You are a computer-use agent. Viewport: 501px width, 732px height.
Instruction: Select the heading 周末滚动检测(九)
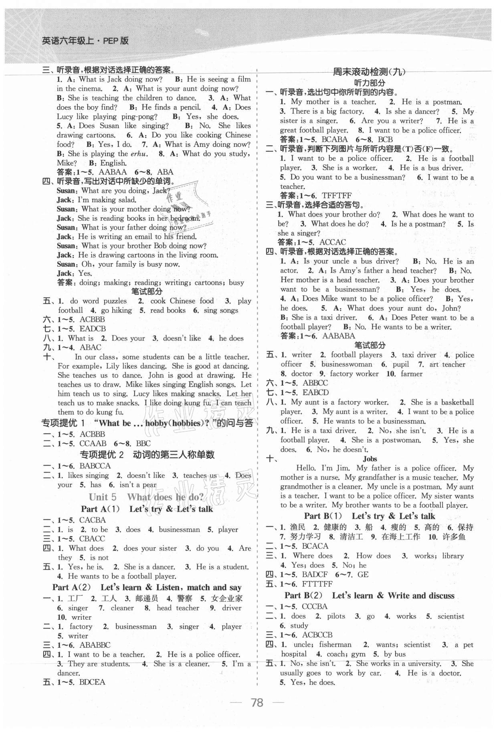click(369, 72)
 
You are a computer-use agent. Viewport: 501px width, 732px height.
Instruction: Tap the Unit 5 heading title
click(146, 497)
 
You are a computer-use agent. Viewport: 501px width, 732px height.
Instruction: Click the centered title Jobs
click(370, 458)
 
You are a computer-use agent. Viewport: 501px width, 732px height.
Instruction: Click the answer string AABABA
click(338, 336)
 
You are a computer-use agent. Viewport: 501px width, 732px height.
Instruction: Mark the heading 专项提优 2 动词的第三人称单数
click(147, 454)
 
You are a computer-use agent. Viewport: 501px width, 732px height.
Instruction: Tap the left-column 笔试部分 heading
click(147, 292)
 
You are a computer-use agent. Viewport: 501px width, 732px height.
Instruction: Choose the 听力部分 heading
click(370, 83)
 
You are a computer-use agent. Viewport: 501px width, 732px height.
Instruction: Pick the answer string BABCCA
click(95, 466)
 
